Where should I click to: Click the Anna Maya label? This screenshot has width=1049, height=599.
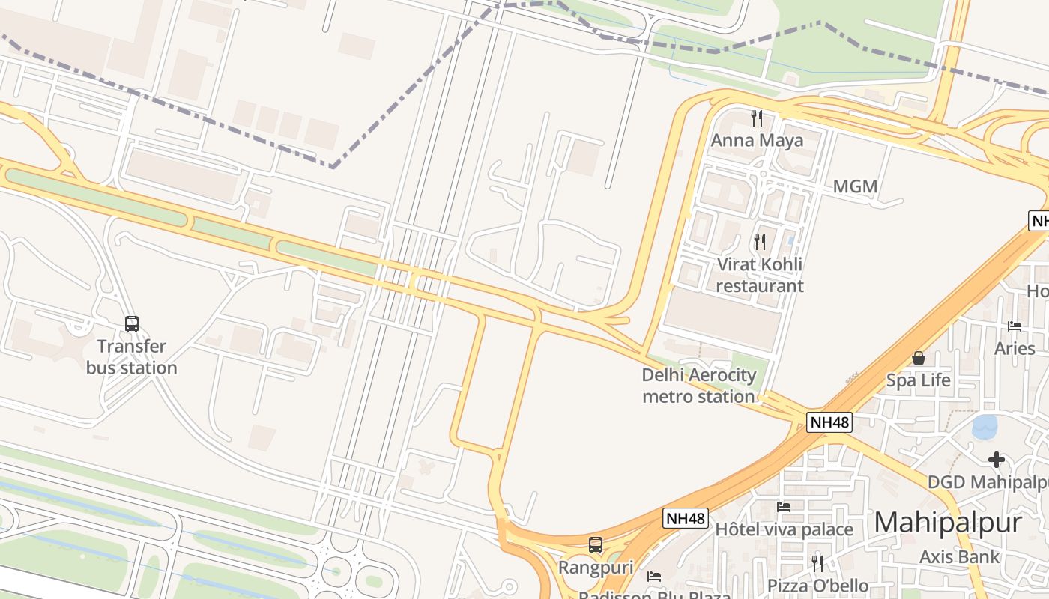[757, 140]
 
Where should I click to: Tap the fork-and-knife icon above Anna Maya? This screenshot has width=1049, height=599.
[757, 118]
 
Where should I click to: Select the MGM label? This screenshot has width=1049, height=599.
[855, 186]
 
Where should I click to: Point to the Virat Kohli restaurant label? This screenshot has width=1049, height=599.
[760, 275]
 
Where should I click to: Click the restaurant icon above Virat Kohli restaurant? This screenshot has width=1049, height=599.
[760, 241]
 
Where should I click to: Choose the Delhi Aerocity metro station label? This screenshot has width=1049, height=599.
[698, 386]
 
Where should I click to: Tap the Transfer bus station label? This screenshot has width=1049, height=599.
[132, 357]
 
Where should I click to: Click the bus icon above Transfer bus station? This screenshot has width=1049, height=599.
[132, 324]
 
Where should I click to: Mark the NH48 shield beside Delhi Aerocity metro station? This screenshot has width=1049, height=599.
[830, 422]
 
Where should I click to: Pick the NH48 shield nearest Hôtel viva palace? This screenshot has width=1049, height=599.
[686, 518]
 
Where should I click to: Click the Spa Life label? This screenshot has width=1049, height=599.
[918, 380]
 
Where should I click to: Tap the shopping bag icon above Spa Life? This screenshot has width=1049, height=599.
[918, 358]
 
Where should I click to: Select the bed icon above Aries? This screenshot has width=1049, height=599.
[1015, 326]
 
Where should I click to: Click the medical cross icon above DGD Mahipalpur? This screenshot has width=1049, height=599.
[996, 459]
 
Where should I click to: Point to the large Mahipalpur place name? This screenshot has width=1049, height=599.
[948, 522]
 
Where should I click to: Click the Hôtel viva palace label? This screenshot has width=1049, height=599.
[784, 529]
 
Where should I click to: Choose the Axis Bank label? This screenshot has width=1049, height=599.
[959, 556]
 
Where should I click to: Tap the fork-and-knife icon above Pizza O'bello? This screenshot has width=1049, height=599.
[817, 562]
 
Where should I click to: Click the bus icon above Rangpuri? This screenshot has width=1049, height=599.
[596, 545]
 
